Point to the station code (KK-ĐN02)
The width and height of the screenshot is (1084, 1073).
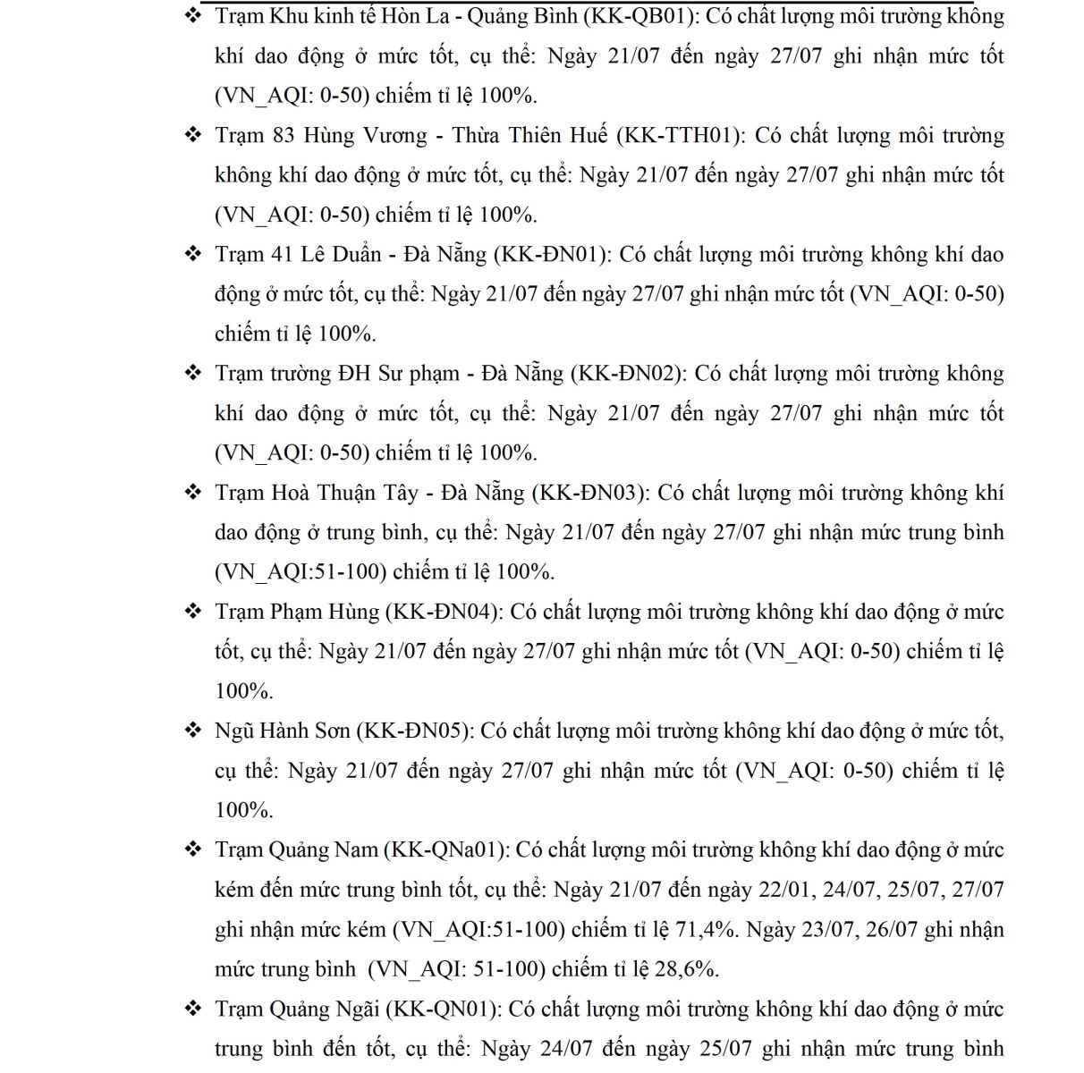point(627,373)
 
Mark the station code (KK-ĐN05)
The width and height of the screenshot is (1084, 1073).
point(414,731)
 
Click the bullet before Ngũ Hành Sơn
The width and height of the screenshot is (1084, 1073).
point(193,731)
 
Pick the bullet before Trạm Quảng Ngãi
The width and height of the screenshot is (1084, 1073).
point(193,1009)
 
